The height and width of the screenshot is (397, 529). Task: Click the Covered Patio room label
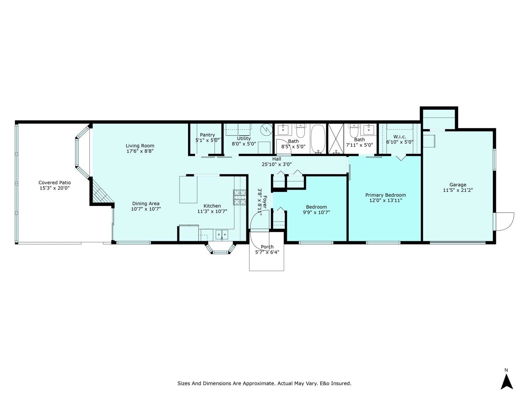click(x=55, y=183)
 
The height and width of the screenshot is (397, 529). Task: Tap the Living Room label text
click(x=140, y=146)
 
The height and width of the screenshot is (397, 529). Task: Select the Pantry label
click(x=207, y=135)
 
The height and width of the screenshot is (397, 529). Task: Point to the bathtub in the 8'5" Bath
click(x=318, y=139)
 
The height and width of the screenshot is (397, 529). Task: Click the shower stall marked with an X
click(x=336, y=139)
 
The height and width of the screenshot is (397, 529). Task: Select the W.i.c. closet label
click(x=400, y=137)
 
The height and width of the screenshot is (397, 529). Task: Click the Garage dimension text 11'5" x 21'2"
click(x=458, y=190)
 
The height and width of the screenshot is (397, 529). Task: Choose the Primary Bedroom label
click(x=385, y=195)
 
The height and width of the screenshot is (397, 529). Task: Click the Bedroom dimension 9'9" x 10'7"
click(x=316, y=212)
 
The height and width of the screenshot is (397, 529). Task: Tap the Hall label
click(x=277, y=159)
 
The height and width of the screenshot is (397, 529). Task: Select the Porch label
click(x=267, y=247)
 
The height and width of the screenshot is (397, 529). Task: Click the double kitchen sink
click(x=222, y=235)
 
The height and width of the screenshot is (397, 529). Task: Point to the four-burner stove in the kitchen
click(x=239, y=197)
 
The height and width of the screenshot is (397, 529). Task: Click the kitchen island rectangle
click(x=188, y=190)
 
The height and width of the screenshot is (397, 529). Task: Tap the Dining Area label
click(x=146, y=204)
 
